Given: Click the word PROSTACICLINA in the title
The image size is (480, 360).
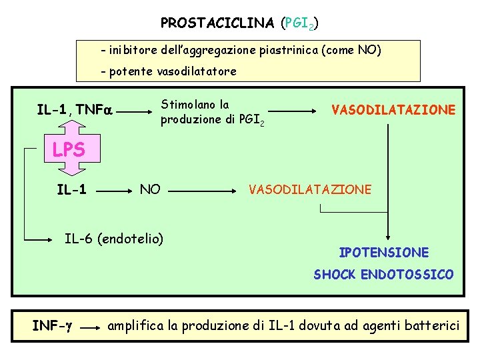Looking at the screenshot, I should click(217, 23).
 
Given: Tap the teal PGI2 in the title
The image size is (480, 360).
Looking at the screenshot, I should click(298, 24).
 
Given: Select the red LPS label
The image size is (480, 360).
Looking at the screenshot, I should click(69, 150).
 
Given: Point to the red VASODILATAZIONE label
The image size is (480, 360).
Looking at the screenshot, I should click(394, 109).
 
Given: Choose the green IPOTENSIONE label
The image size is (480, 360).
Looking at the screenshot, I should click(383, 253).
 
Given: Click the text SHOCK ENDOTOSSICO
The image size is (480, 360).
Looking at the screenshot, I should click(383, 275).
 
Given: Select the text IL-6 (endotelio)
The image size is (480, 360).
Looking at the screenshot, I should click(113, 237).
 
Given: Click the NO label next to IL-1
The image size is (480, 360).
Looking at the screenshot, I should click(150, 190).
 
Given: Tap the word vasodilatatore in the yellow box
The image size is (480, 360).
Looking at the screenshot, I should click(196, 71).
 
